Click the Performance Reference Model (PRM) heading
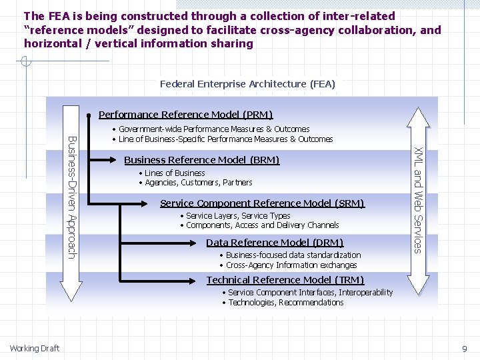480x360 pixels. coord(185,115)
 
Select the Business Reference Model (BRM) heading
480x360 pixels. coord(201,160)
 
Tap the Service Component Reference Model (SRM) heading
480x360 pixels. coord(262,203)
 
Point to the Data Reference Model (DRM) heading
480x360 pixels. coord(275,243)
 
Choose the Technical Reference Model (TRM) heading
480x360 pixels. coord(285,280)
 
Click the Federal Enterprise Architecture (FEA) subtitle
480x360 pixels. coord(247,84)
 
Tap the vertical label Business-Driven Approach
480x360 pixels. coord(72,196)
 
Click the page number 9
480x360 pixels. coord(465,349)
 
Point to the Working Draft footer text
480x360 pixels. coord(35,348)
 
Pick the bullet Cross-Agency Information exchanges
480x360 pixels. coord(291,265)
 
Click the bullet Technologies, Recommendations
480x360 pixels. coord(285,303)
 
